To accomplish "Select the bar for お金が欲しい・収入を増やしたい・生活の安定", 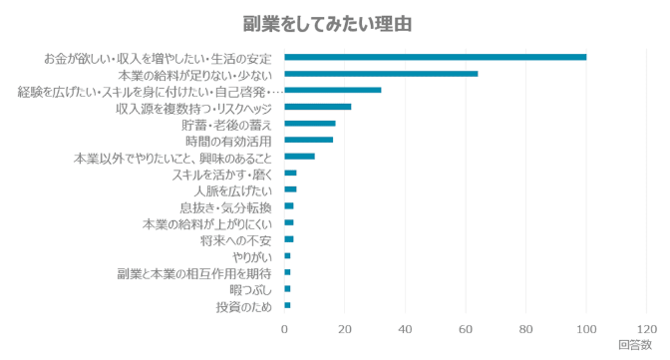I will coord(436,57).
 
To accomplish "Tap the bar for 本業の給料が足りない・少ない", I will coord(382,74).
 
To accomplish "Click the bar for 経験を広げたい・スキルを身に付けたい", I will coord(333,90).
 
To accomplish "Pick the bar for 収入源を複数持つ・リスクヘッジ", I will coord(318,107).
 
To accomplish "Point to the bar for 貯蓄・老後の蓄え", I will coord(310,124).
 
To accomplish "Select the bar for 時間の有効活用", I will coord(309,140).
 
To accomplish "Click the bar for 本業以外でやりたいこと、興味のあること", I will coord(300,157).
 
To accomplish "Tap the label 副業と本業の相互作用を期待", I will coord(193,272).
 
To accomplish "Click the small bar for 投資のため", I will coord(288,305).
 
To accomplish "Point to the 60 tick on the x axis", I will coord(466,329).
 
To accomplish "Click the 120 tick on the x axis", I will coord(646,329).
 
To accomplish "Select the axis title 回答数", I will coord(635,346).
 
